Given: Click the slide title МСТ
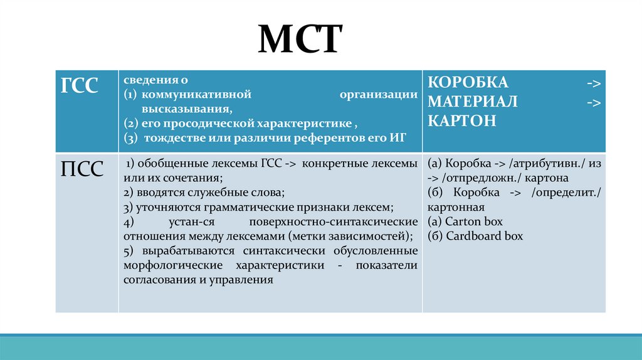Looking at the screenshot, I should (300, 40).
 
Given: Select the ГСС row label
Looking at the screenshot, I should (79, 86).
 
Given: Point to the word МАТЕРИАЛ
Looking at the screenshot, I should (473, 102).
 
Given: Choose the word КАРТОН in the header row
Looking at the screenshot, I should (462, 120).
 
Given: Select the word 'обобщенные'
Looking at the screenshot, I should (164, 164).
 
